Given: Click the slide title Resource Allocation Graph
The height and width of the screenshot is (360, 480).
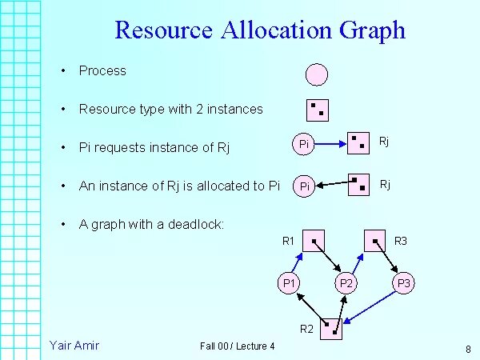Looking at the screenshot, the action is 260,30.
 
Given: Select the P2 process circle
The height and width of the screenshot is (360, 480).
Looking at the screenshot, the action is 346,282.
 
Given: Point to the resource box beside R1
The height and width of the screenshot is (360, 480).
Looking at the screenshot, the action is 314,239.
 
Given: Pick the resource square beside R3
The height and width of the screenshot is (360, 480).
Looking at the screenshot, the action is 374,239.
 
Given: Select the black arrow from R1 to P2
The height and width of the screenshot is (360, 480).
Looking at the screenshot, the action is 329,258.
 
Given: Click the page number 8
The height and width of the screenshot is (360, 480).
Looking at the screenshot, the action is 468,349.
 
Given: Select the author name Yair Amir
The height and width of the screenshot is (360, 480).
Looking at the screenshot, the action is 74,345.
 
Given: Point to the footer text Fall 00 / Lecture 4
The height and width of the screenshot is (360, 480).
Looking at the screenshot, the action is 238,346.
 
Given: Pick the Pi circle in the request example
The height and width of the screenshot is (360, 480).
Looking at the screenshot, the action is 304,145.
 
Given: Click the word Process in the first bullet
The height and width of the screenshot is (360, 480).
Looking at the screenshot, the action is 102,70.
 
